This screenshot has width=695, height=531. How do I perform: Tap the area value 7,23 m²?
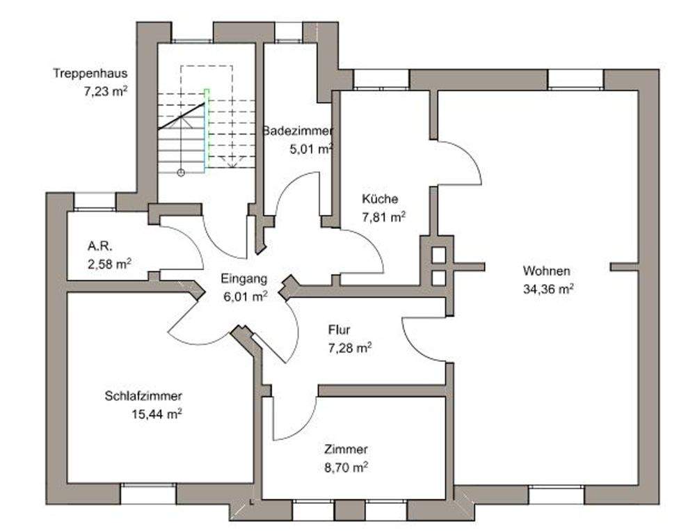(105, 90)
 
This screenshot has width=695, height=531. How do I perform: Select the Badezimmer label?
(297, 130)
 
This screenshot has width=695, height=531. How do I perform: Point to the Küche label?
(380, 199)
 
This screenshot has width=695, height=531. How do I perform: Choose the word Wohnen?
(547, 271)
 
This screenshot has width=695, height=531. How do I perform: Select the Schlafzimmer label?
(143, 397)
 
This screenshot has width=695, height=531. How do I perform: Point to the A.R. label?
(96, 246)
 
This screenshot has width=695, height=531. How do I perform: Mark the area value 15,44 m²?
(157, 414)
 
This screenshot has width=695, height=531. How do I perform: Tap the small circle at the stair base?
(181, 172)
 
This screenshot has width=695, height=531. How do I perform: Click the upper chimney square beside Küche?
(438, 255)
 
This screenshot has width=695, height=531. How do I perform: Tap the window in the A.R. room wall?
(95, 201)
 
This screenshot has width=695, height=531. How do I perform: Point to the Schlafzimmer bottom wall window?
(148, 493)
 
